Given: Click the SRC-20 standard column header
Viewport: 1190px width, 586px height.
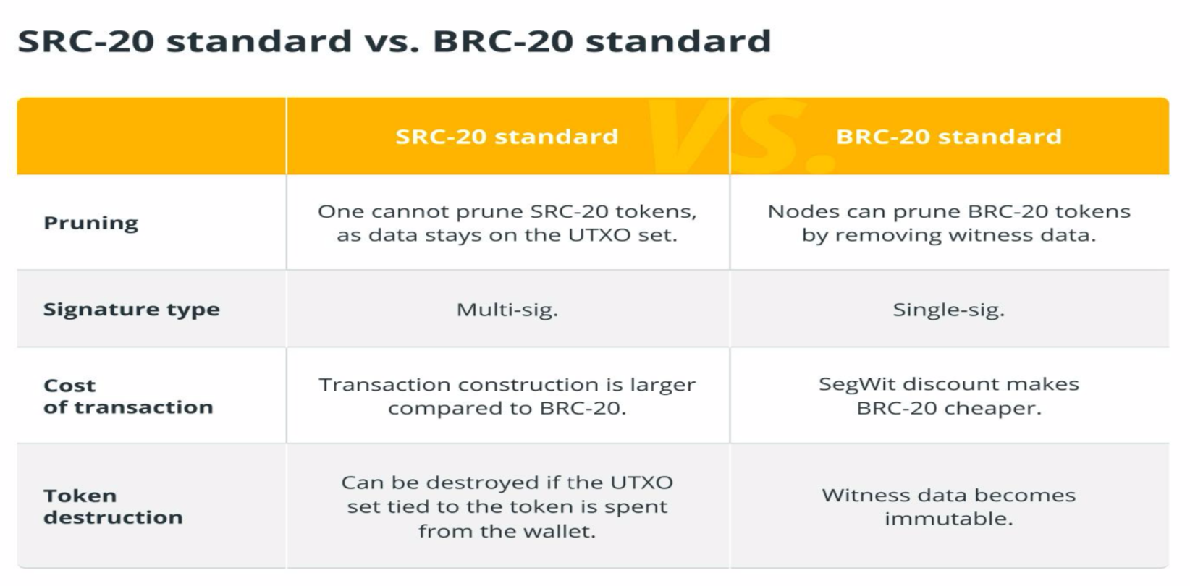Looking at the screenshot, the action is point(507,137).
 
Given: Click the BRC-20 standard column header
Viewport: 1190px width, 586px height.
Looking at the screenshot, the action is point(949,137).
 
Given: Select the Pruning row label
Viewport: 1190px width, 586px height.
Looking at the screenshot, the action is point(91,223).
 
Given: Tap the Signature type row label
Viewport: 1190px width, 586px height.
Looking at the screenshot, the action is point(131,310).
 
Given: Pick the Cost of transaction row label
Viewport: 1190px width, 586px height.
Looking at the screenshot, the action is point(128,396).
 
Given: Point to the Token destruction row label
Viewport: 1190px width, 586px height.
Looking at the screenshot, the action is point(113,506).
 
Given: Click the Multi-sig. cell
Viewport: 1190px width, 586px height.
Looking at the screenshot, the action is point(507,310).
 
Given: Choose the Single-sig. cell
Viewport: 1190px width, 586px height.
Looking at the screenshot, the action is point(949,310).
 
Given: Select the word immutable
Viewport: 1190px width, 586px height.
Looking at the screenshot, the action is point(949,518).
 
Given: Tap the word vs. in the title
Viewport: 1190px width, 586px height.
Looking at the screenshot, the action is point(392,41).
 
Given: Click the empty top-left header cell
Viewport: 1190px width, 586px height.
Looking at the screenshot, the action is point(151,136).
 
